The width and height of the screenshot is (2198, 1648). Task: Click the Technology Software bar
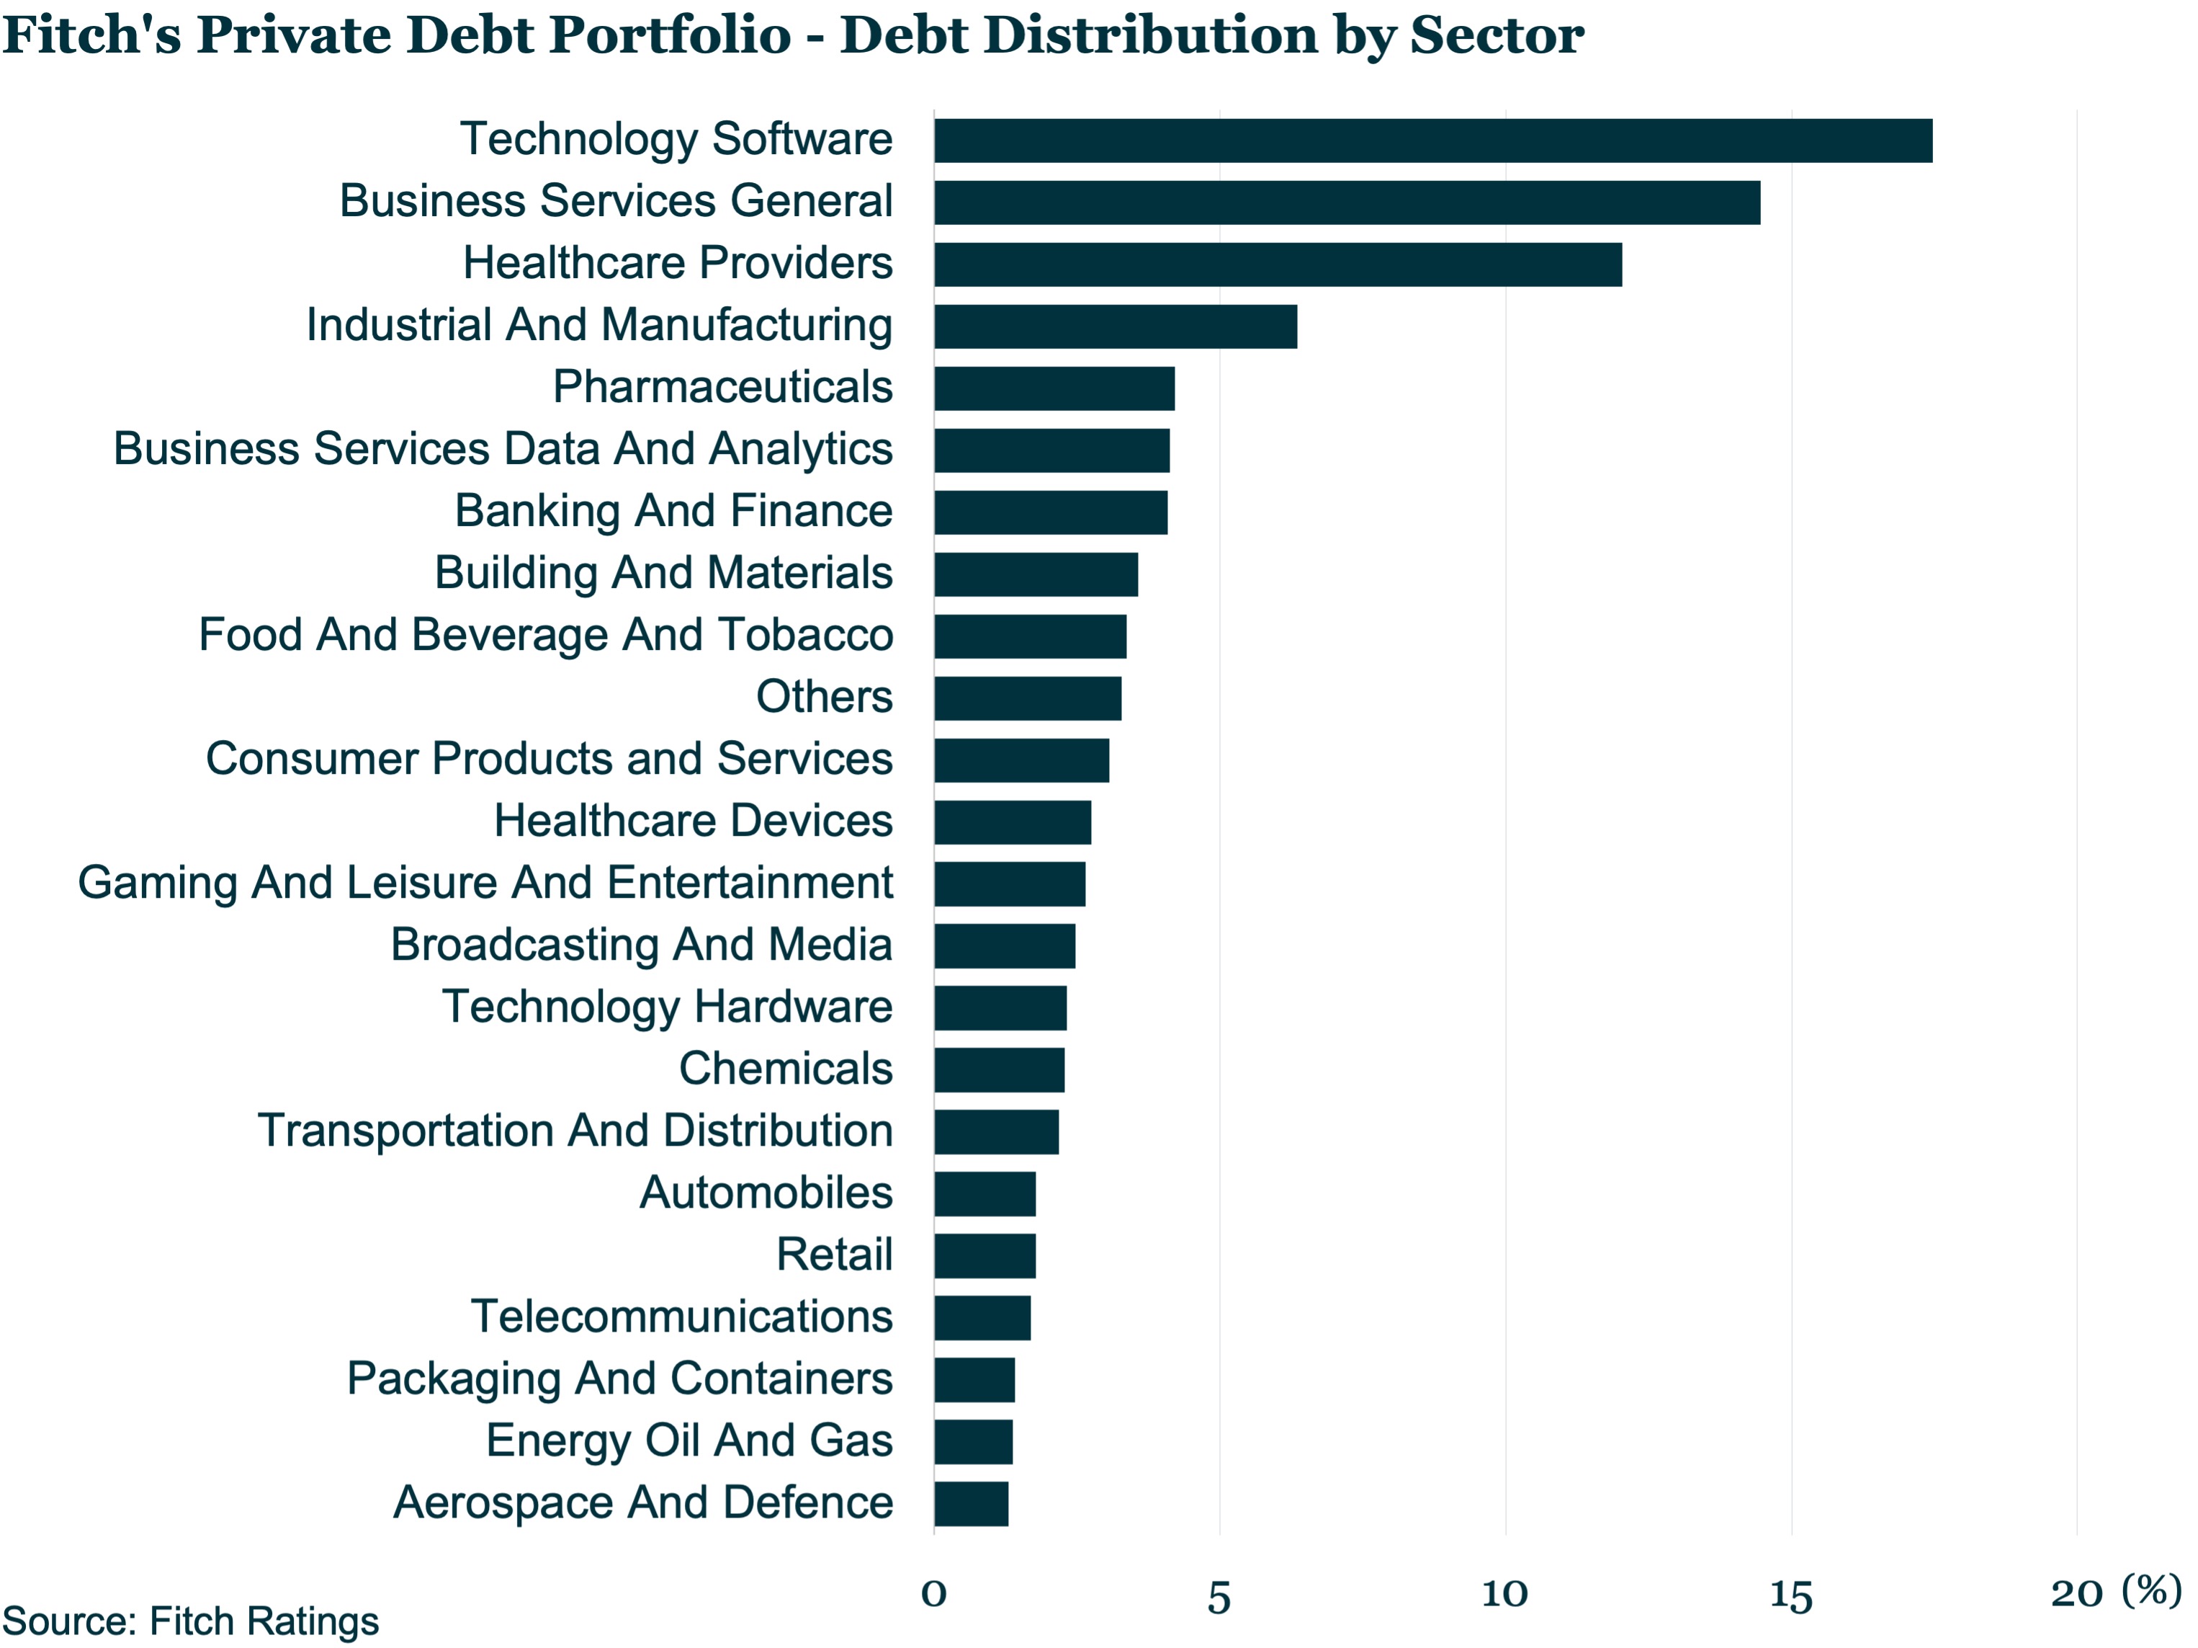pyautogui.click(x=1433, y=140)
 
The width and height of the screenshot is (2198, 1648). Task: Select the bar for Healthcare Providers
pyautogui.click(x=1278, y=264)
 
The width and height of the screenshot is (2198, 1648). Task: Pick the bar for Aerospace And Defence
pyautogui.click(x=971, y=1504)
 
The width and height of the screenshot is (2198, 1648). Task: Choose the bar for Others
pyautogui.click(x=1028, y=698)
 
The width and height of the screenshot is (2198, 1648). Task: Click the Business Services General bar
pyautogui.click(x=1347, y=202)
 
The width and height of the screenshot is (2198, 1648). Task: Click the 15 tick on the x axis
pyautogui.click(x=1790, y=1595)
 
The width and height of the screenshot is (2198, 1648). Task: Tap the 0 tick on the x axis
pyautogui.click(x=934, y=1593)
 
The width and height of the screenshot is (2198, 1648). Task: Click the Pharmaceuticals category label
pyautogui.click(x=722, y=387)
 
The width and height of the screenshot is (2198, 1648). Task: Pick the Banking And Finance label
pyautogui.click(x=673, y=512)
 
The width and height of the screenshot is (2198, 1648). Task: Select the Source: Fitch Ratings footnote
pyautogui.click(x=191, y=1621)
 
